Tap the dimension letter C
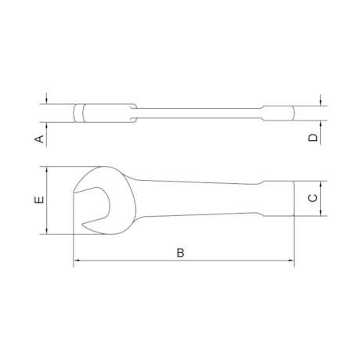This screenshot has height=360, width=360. point(312,198)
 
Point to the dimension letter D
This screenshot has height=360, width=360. point(312,138)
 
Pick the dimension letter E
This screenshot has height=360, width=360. point(38,200)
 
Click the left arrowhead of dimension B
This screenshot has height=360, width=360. point(77,262)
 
